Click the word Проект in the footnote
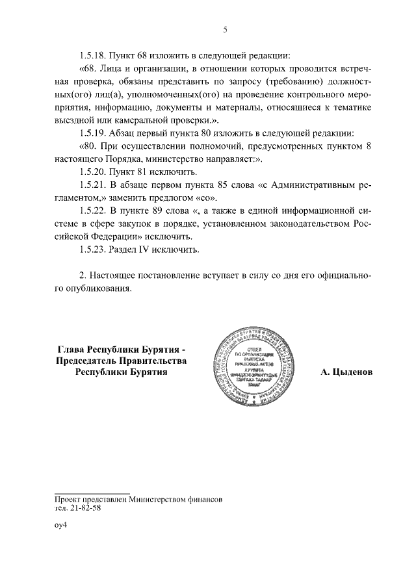(x=69, y=500)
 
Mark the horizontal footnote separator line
(x=92, y=493)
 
